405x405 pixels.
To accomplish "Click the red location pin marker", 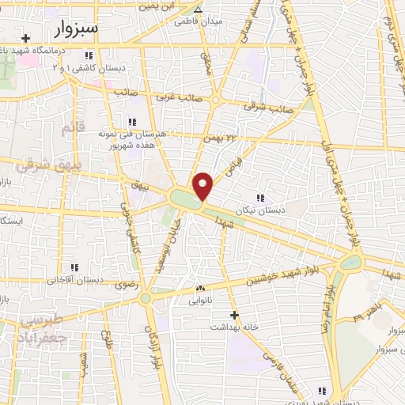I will pyautogui.click(x=203, y=186).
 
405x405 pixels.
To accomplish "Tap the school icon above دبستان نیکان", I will pyautogui.click(x=259, y=197).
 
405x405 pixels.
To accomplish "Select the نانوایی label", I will pyautogui.click(x=199, y=301).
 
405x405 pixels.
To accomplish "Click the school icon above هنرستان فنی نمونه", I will pyautogui.click(x=131, y=122).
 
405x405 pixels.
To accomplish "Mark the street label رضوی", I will pyautogui.click(x=127, y=285).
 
